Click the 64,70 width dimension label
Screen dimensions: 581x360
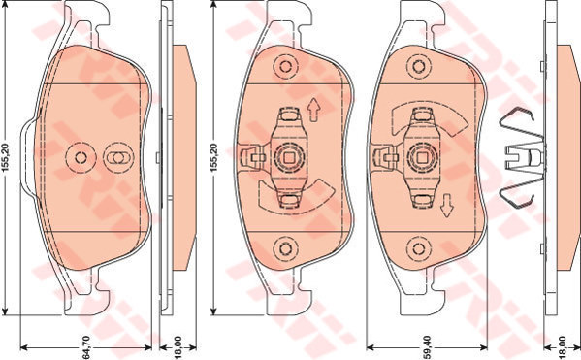tap(85, 347)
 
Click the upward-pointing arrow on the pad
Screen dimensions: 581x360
tap(314, 110)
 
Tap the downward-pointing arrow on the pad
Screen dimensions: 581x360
tap(447, 206)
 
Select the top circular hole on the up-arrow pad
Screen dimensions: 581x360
tap(285, 67)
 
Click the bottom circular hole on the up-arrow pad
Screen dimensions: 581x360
tap(285, 248)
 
